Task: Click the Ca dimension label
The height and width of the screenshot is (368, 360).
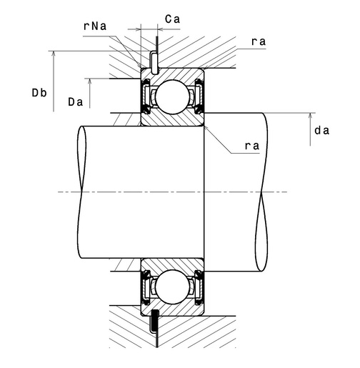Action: (x=172, y=19)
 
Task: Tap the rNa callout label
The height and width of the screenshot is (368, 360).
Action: (x=95, y=26)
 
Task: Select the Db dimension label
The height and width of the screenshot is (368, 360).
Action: (x=39, y=93)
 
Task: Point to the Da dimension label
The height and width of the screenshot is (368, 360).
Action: (x=76, y=102)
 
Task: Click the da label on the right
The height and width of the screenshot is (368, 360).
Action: (x=322, y=130)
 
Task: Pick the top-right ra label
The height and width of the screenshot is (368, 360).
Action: (x=259, y=41)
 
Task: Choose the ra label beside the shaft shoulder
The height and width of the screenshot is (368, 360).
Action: (x=252, y=146)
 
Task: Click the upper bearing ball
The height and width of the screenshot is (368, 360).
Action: (x=173, y=97)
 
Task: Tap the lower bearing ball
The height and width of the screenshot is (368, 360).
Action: (x=173, y=287)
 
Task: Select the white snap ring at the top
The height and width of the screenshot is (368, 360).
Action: (x=154, y=63)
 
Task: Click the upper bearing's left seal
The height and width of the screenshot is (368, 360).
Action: (x=146, y=97)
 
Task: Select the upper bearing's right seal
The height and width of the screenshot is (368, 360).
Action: (x=199, y=96)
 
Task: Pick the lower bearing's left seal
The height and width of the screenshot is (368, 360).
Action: (x=146, y=287)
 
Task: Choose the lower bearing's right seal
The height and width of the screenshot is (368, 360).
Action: (x=199, y=287)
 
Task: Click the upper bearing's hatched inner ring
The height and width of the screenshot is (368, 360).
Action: (x=173, y=119)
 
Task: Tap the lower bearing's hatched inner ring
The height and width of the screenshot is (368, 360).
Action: (x=173, y=264)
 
